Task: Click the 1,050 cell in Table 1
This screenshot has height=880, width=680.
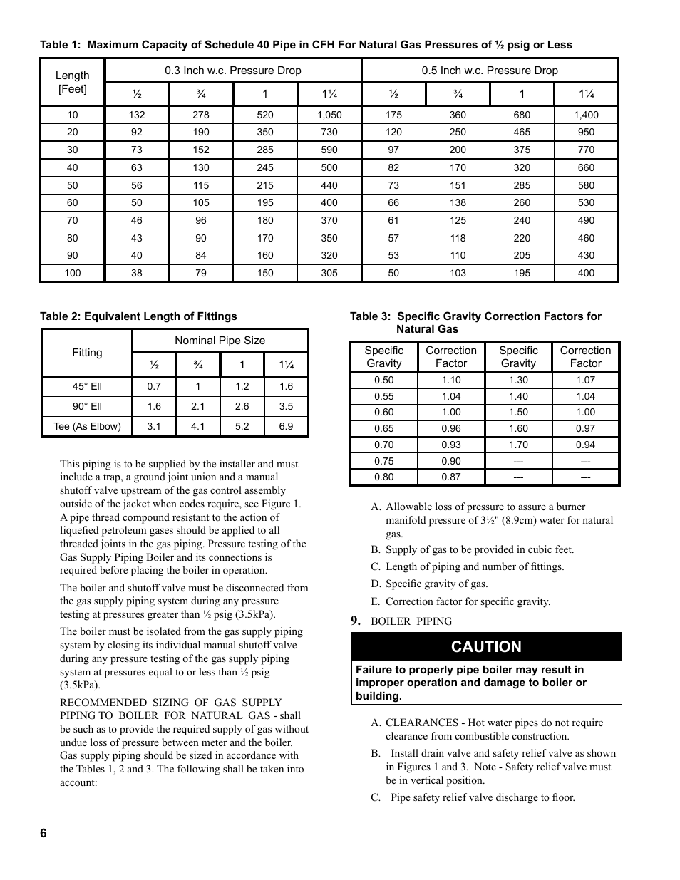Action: (329, 115)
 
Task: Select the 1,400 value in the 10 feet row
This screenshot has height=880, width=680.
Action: (586, 115)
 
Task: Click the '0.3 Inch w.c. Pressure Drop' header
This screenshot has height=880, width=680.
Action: (232, 71)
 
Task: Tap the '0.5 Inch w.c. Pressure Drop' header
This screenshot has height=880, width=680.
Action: (490, 71)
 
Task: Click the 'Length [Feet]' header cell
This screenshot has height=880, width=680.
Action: (73, 82)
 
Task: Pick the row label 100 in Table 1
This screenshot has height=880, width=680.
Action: (73, 273)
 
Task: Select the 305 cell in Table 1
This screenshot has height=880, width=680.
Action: (329, 273)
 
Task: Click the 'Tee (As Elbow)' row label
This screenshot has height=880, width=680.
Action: (87, 426)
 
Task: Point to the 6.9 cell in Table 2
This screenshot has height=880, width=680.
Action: (286, 426)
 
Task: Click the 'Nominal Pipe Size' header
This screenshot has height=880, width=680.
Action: (220, 341)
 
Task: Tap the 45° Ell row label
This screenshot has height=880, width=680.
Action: (87, 386)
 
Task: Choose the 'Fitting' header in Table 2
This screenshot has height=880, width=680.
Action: (87, 353)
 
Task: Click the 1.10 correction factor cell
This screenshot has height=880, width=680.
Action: (450, 380)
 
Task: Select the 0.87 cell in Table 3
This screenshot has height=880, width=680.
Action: (450, 477)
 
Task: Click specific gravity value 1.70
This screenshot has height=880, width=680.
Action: (518, 445)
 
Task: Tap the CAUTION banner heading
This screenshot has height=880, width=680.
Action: (486, 647)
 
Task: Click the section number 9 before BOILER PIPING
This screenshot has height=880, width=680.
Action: (355, 621)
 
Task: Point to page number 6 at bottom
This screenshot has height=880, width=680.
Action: (43, 834)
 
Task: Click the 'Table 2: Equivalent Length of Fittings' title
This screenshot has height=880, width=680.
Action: (138, 316)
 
